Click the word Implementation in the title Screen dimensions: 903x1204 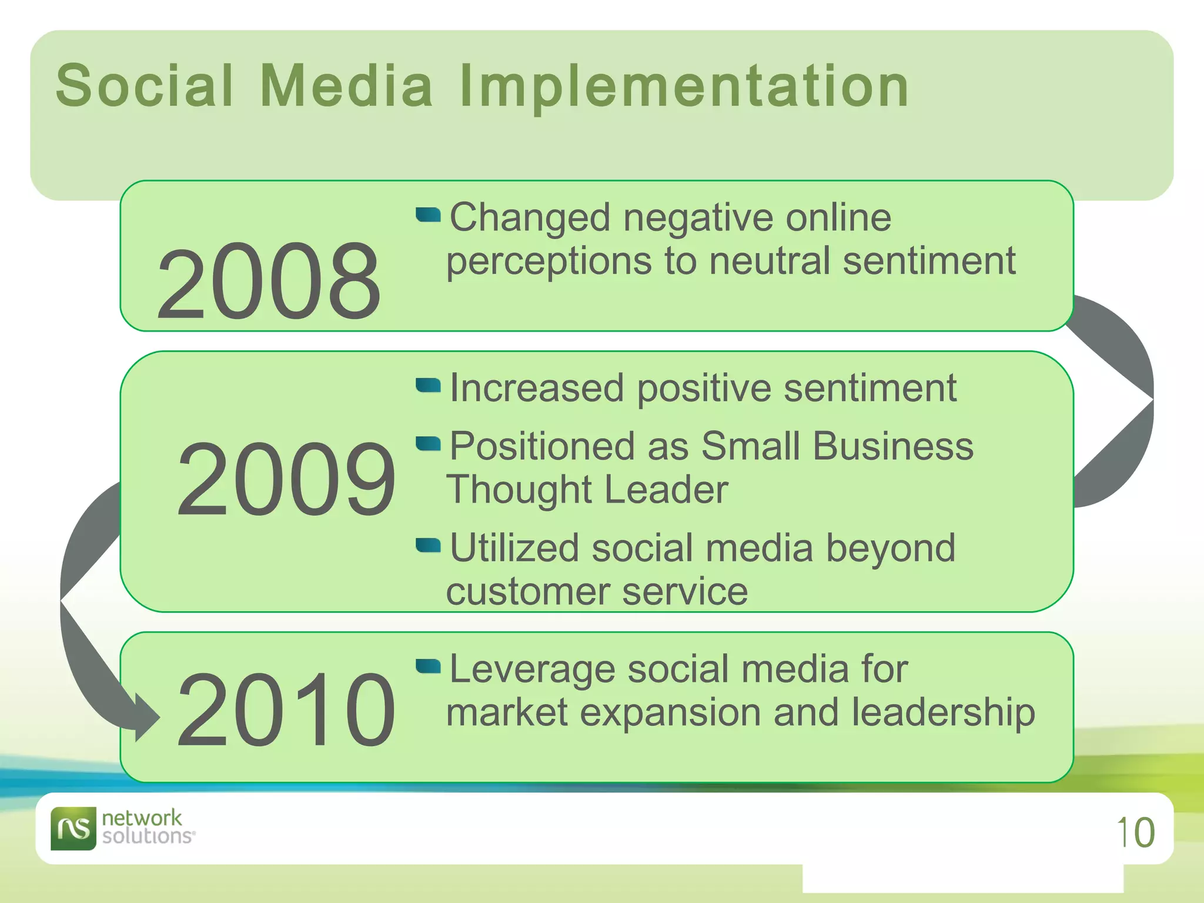pos(684,87)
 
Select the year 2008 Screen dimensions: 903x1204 pos(269,283)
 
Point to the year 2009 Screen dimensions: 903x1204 pos(286,480)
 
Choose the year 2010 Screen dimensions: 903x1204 pos(286,711)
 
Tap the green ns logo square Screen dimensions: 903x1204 pos(73,828)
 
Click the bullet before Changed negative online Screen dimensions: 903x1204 pos(428,215)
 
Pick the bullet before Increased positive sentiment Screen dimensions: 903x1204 pos(428,385)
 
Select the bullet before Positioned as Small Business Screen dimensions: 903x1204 pos(428,443)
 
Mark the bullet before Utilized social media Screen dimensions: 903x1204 pos(428,546)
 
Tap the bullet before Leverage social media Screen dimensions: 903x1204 pos(428,666)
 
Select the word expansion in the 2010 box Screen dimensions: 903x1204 pos(670,713)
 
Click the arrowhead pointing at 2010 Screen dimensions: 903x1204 pos(147,717)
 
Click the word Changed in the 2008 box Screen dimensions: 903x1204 pos(530,218)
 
